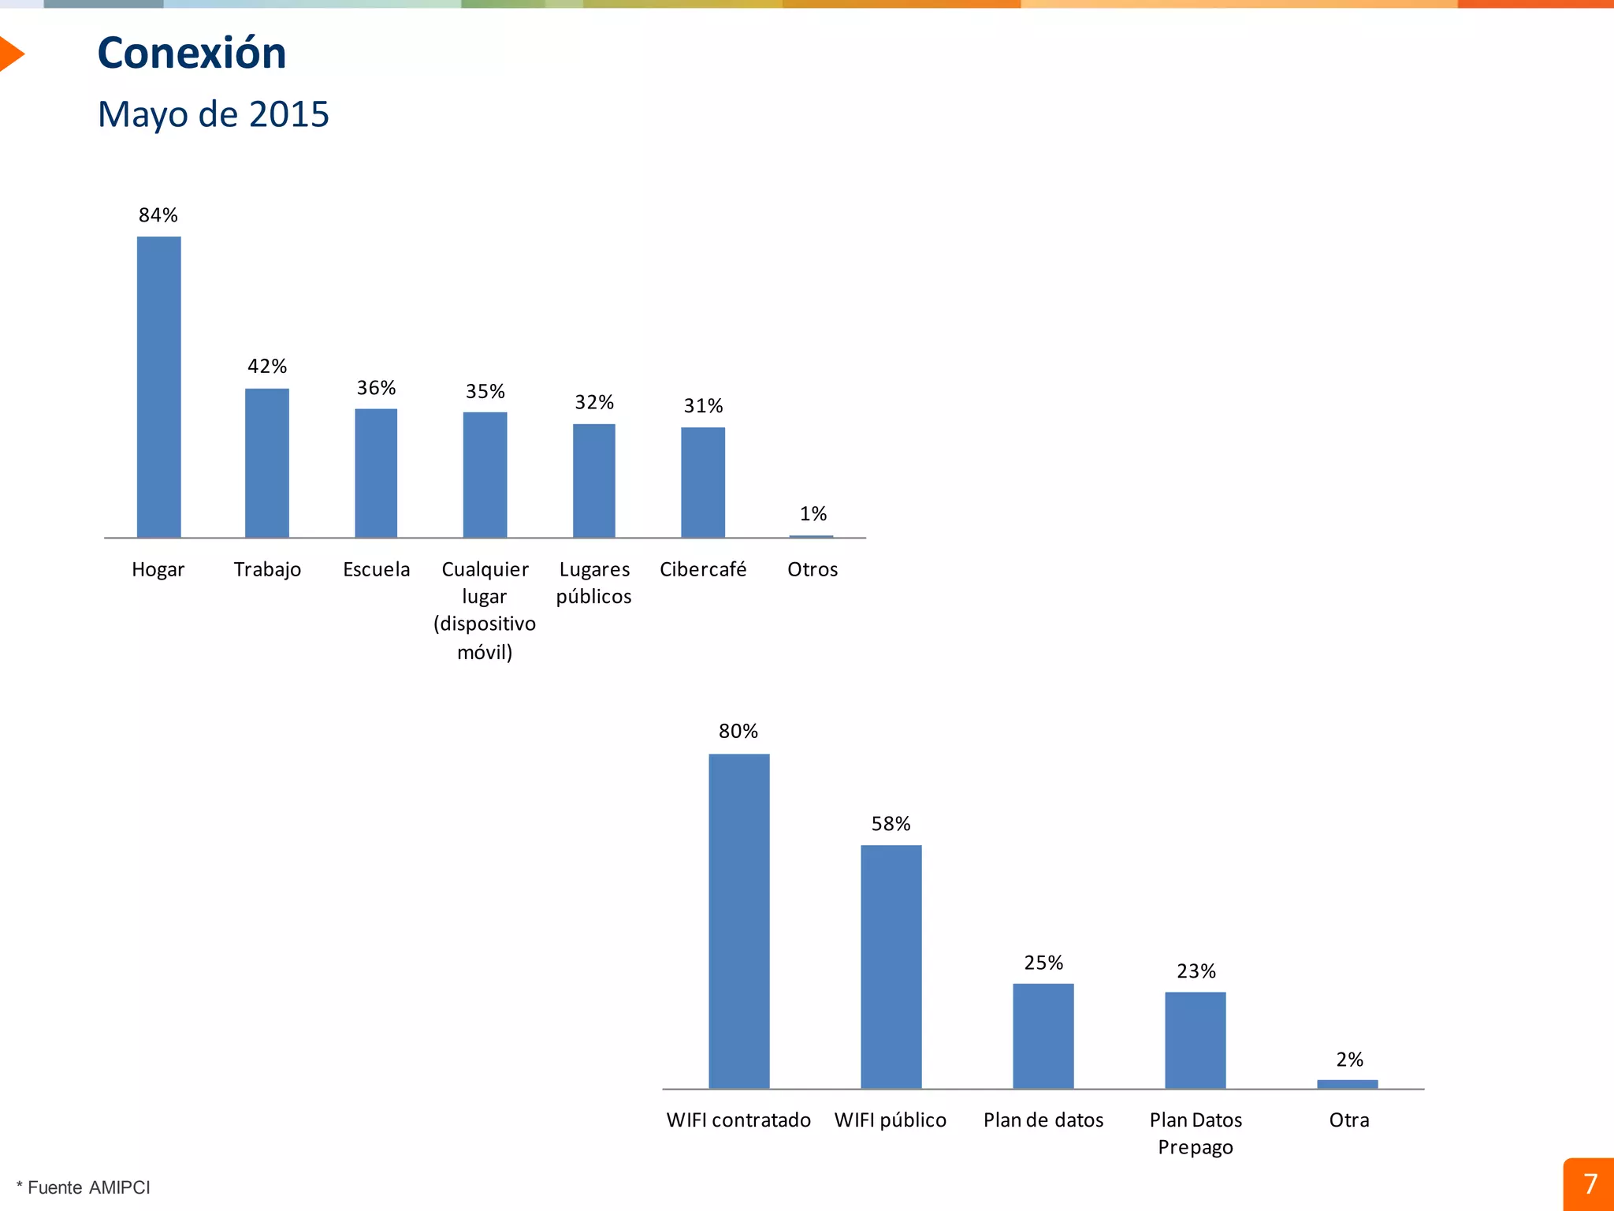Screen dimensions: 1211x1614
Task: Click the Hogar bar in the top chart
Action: [158, 386]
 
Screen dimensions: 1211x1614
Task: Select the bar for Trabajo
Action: [267, 463]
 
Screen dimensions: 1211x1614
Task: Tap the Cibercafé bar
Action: [703, 483]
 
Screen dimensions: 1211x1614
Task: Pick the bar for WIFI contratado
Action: [738, 921]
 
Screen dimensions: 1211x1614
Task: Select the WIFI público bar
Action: [891, 967]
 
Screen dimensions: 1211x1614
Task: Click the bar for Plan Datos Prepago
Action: [1196, 1040]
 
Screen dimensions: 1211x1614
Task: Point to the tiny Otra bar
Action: [1348, 1084]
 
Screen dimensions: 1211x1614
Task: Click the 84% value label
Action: [158, 215]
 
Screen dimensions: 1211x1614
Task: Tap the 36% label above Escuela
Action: [376, 388]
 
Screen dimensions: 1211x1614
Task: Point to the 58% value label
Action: [891, 824]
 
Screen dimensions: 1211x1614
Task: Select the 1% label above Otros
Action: [813, 514]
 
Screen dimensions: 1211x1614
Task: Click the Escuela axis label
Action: [376, 569]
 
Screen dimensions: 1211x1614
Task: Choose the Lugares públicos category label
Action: [594, 583]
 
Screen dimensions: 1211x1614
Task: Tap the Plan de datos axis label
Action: [1043, 1120]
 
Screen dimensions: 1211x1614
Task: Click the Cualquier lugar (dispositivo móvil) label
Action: [485, 610]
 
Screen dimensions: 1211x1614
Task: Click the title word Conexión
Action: [192, 54]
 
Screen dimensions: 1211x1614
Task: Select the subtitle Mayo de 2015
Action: [213, 114]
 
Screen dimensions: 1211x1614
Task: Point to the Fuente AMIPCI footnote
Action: [84, 1187]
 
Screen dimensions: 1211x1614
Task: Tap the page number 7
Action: [1590, 1184]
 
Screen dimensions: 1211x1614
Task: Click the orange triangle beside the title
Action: [10, 54]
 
